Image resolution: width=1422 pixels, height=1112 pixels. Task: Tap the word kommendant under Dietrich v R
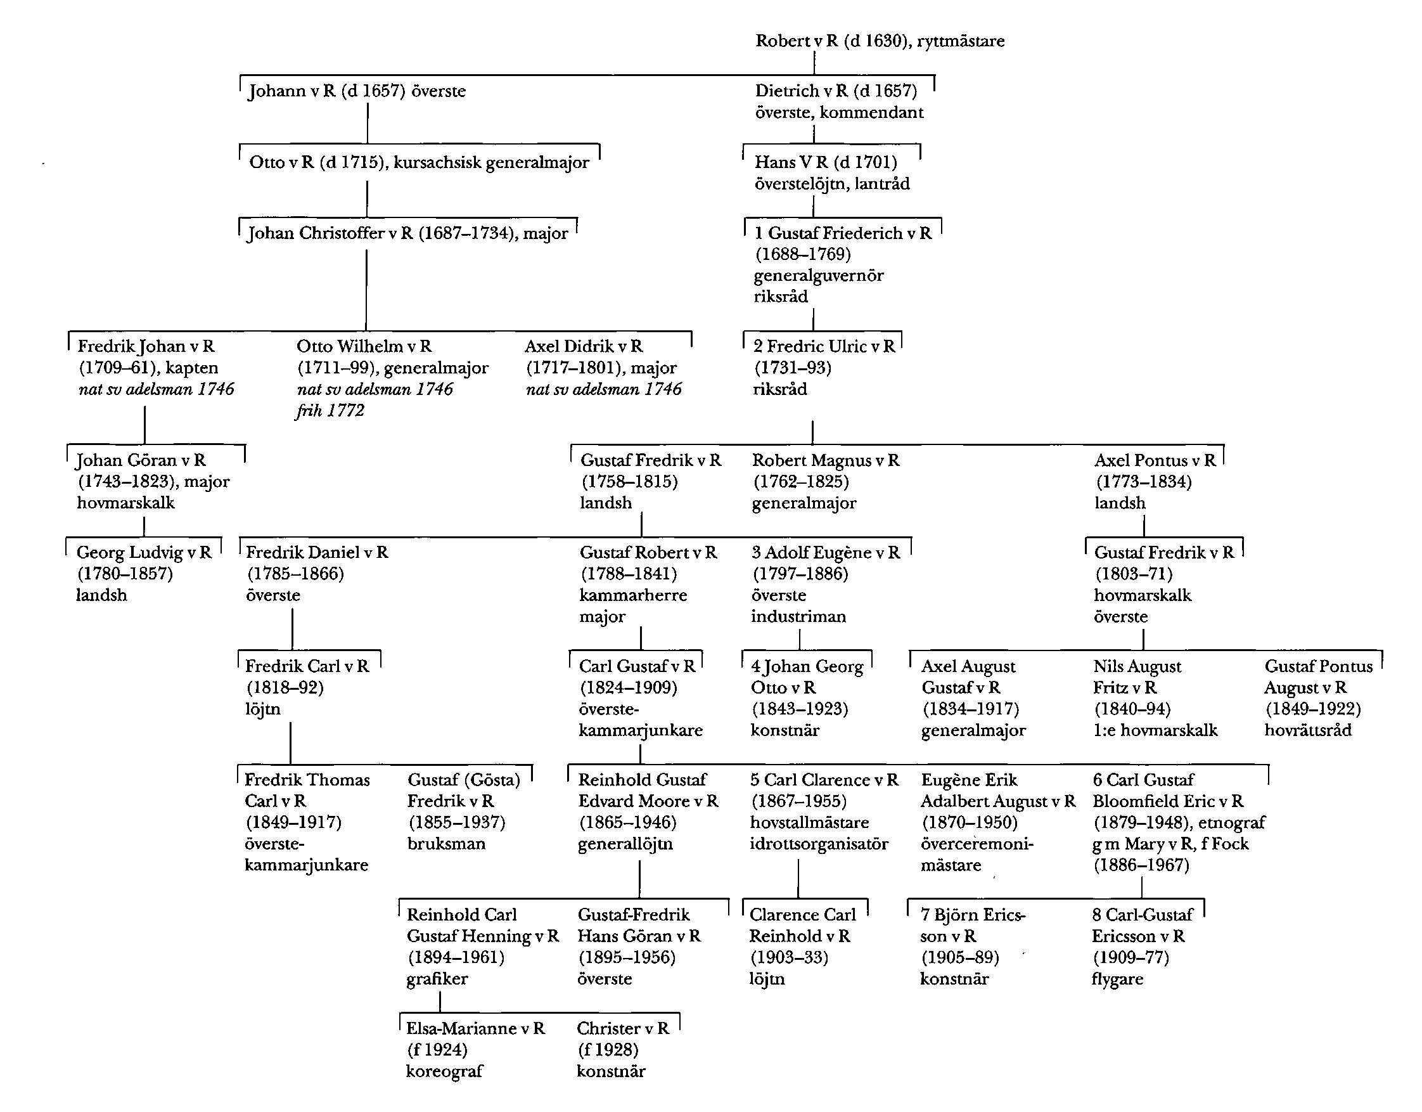[x=871, y=113]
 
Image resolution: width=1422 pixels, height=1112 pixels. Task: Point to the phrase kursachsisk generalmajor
[x=491, y=162]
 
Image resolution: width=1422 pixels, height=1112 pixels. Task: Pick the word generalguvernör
[x=819, y=276]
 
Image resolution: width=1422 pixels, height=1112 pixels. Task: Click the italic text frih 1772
[x=330, y=410]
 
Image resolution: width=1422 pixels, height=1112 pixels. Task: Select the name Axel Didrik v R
[x=584, y=347]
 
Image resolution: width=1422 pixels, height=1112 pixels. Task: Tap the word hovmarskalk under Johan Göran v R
[x=125, y=503]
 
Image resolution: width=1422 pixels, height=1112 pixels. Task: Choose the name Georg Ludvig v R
[x=144, y=553]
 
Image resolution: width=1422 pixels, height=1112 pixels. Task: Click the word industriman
[x=798, y=616]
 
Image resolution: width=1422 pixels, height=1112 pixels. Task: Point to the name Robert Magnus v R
[x=826, y=460]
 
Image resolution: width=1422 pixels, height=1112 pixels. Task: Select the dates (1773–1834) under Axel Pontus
[x=1144, y=482]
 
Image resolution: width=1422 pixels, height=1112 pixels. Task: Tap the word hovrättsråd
[x=1307, y=730]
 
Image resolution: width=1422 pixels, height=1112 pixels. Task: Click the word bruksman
[x=446, y=844]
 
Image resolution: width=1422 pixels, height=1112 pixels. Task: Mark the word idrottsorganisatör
[x=819, y=844]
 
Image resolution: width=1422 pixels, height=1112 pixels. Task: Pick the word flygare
[x=1117, y=979]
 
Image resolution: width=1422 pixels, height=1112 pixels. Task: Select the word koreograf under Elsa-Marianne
[x=444, y=1071]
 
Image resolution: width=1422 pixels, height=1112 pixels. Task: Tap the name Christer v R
[x=622, y=1028]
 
